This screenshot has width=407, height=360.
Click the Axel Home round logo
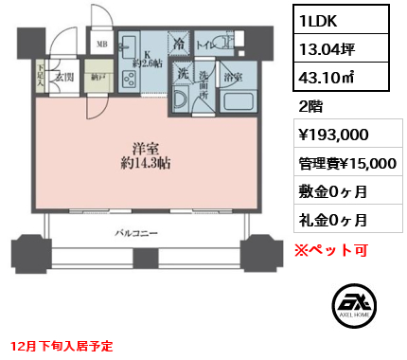click(356, 304)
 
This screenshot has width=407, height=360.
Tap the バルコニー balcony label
click(138, 232)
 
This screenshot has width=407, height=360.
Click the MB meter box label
click(101, 44)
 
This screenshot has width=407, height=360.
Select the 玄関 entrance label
click(64, 77)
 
